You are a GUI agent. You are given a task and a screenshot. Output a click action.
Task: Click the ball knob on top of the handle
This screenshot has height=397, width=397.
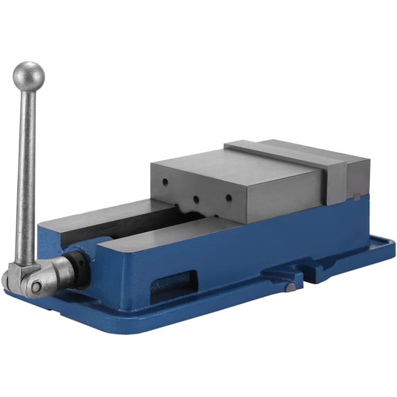(28, 76)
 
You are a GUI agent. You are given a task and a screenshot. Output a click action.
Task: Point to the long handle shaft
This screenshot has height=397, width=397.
(26, 173)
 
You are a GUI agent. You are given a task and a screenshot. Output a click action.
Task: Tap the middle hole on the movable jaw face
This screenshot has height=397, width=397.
(196, 200)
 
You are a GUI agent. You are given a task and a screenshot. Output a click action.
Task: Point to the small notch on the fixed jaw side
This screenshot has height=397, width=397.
(355, 197)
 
